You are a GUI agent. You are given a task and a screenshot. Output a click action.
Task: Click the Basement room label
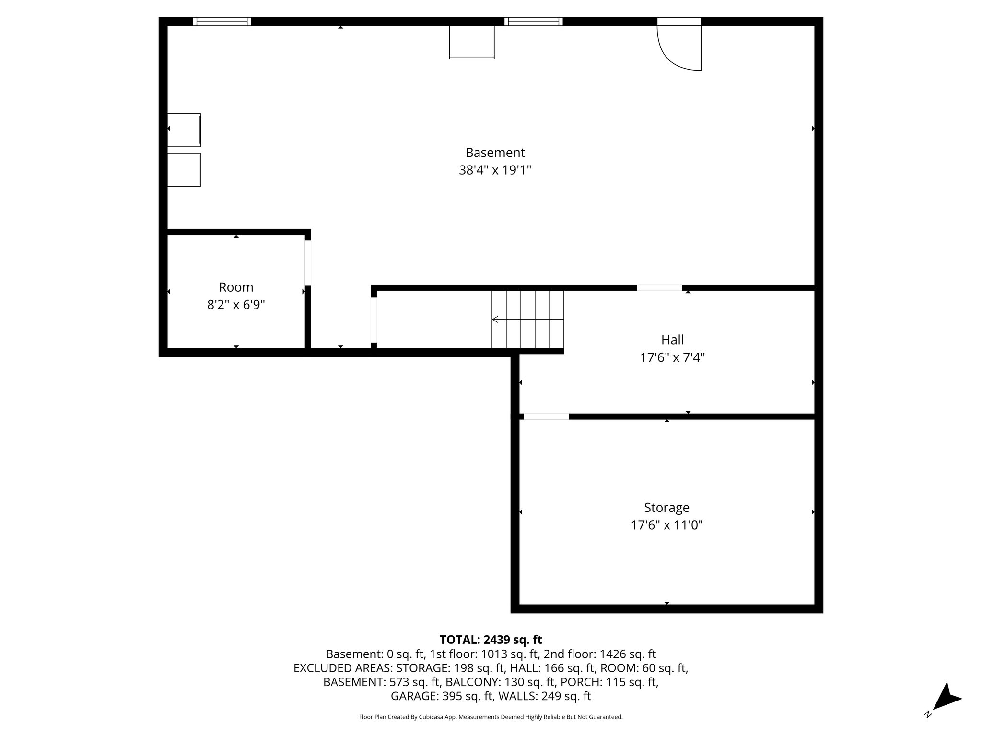[x=495, y=153]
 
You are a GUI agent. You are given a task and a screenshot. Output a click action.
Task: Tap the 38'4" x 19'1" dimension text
[x=495, y=170]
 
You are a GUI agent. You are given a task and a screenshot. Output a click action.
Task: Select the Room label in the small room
[x=236, y=287]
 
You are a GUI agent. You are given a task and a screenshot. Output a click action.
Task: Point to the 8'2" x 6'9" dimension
[x=236, y=305]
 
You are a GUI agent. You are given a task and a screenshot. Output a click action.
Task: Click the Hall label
[x=672, y=340]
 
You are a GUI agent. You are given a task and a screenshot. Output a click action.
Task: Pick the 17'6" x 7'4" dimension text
[x=672, y=357]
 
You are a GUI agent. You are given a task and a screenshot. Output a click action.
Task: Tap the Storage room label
[x=666, y=507]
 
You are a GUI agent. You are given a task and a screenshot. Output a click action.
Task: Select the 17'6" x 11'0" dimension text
[x=666, y=525]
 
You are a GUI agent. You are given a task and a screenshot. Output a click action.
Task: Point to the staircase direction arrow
[x=495, y=320]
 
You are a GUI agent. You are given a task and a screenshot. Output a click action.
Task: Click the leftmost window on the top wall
[x=222, y=22]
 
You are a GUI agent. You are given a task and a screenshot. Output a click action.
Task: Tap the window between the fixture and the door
[x=533, y=22]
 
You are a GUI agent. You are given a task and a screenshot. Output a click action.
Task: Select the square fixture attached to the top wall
[x=471, y=42]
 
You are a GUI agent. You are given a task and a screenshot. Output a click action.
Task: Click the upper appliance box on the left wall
[x=184, y=130]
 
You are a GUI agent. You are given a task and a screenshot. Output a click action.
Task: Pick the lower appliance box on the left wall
[x=184, y=169]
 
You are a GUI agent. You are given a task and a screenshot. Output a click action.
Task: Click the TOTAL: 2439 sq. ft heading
[x=491, y=640]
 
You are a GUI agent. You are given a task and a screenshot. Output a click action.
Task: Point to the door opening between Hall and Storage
[x=546, y=416]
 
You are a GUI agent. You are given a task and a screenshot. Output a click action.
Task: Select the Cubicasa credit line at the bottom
[x=491, y=717]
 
